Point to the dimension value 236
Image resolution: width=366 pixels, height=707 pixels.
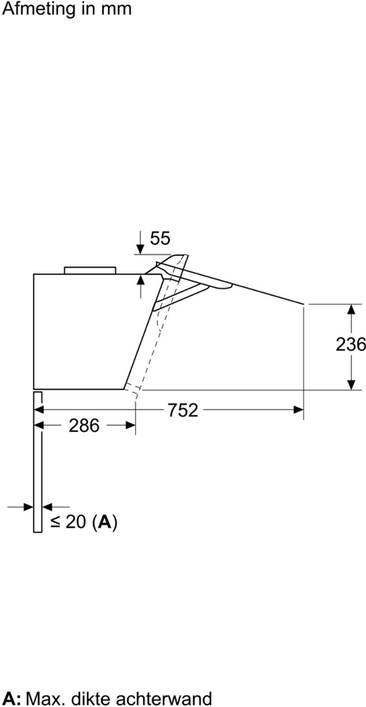(350, 344)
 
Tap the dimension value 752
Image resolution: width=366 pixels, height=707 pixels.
(181, 409)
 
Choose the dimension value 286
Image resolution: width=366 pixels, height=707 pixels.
(84, 426)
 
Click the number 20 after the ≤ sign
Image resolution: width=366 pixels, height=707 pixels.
(75, 522)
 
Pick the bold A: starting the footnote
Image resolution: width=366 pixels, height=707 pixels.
(11, 698)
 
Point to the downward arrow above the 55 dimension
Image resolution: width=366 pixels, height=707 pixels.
(140, 247)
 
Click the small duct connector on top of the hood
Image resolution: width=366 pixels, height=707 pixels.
(90, 269)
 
